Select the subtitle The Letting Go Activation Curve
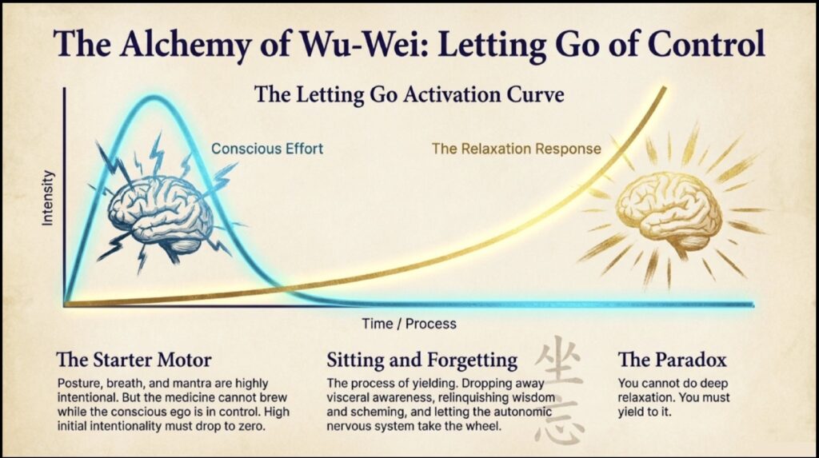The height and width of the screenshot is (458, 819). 409,94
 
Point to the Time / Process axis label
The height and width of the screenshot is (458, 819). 409,324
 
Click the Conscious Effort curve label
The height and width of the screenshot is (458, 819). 266,149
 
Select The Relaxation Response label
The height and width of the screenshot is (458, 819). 516,149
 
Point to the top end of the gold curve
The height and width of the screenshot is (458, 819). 663,86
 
